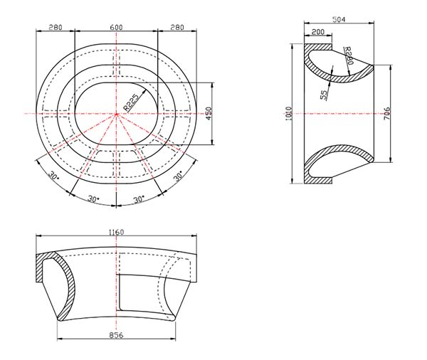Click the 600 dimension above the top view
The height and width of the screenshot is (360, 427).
tap(116, 27)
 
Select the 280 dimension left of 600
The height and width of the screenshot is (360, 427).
tap(56, 27)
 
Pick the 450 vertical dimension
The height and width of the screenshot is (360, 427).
tap(209, 114)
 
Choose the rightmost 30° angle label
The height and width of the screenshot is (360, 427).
tap(178, 175)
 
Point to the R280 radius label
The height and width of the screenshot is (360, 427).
tap(348, 56)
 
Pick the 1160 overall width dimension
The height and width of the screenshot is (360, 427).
tap(116, 233)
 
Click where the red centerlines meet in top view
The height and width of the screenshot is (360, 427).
tap(116, 114)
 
